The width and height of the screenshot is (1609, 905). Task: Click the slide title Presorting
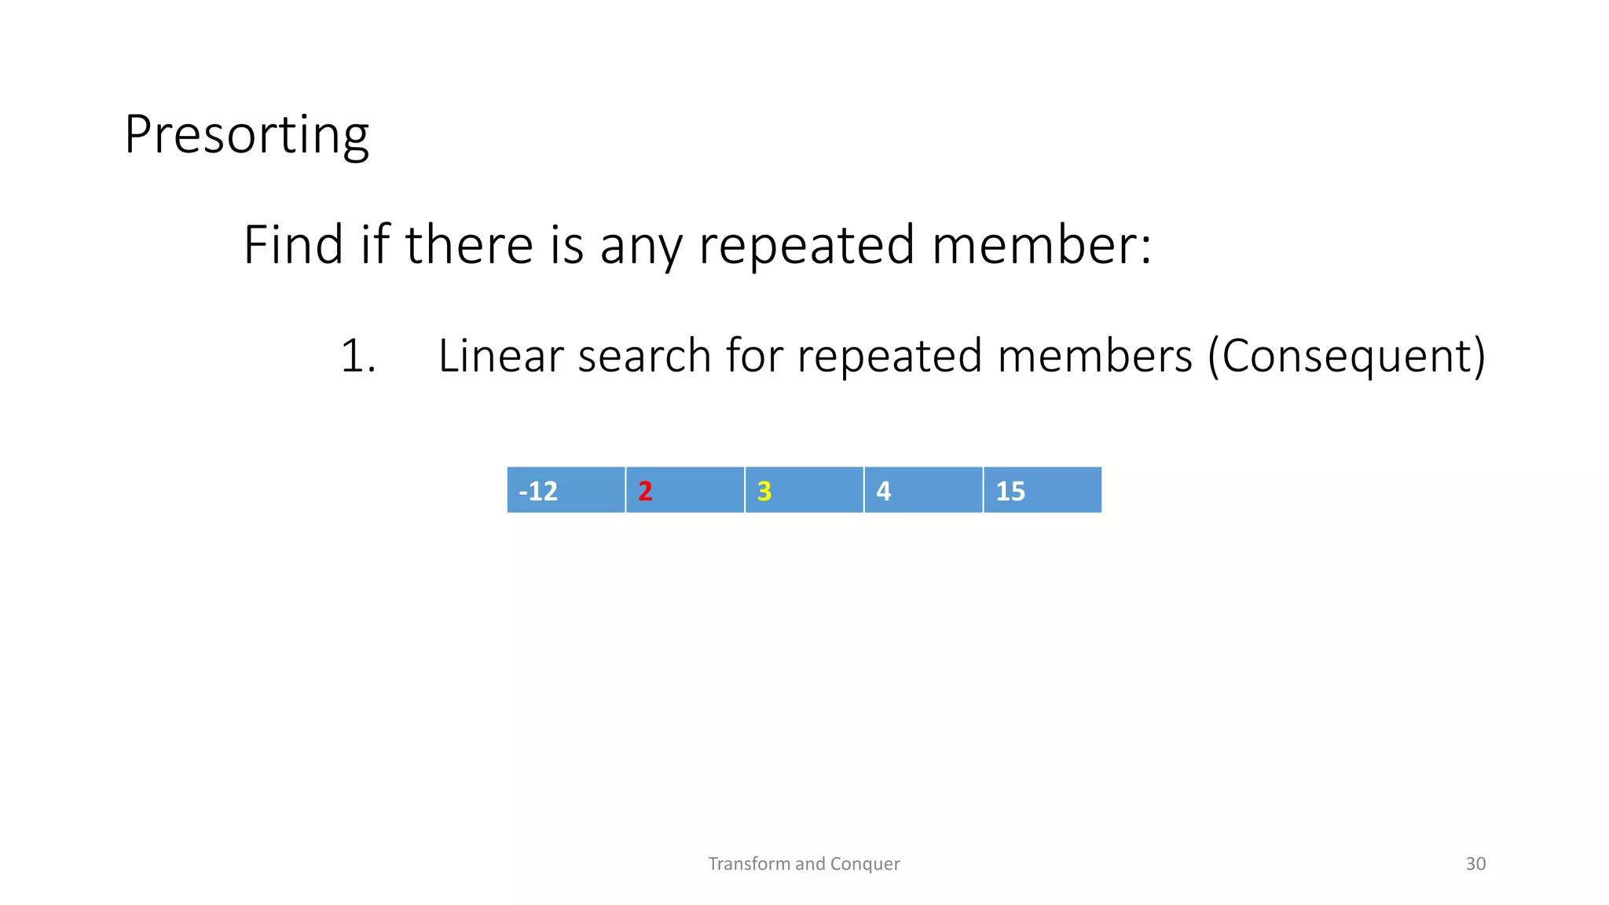246,135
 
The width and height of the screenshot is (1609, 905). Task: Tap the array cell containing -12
566,490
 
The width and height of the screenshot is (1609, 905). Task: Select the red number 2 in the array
645,491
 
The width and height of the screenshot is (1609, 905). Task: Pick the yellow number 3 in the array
764,491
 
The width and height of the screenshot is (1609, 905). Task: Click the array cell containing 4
923,490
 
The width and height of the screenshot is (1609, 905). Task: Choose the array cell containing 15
1042,490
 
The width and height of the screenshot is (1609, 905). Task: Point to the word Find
293,244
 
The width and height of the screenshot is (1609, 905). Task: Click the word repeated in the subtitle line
807,245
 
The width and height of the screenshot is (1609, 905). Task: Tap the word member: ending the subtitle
1042,244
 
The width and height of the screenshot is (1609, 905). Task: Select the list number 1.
357,356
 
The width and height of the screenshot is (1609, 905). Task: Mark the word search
645,356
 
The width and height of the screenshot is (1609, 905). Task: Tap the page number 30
1475,863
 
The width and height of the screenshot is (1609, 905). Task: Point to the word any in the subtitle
641,246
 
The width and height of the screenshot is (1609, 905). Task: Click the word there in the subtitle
469,244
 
